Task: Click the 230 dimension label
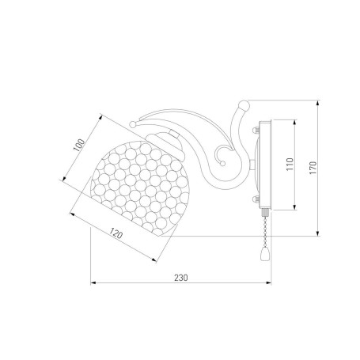click(x=181, y=278)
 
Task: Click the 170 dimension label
click(x=313, y=168)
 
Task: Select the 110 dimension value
click(x=290, y=164)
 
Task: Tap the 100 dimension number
click(x=79, y=145)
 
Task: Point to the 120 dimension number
click(x=116, y=233)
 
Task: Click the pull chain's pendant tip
click(x=264, y=255)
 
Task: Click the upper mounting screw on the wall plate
click(x=256, y=130)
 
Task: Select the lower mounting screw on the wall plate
click(x=256, y=199)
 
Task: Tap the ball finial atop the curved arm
click(x=244, y=105)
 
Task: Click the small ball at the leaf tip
click(x=133, y=124)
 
